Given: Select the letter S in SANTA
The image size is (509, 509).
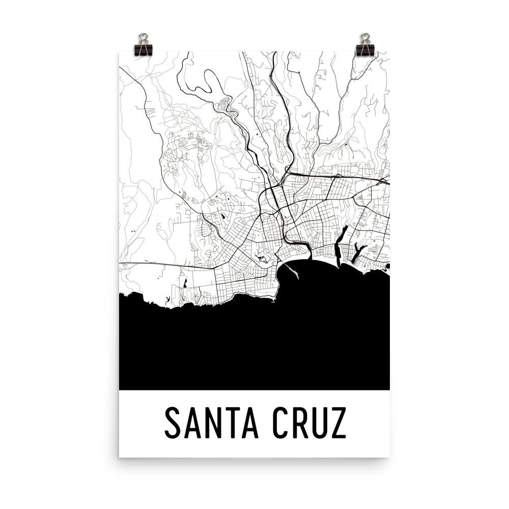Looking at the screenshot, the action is click(x=174, y=422).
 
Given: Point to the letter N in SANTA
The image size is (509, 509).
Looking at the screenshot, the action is click(x=213, y=422).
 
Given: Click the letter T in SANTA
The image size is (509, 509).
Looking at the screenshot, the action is click(x=232, y=422).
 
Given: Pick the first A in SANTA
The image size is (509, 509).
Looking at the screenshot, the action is click(x=193, y=422).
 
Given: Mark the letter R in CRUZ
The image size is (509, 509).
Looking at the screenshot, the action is click(x=300, y=422).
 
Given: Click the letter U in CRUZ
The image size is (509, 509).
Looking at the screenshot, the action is click(x=320, y=422).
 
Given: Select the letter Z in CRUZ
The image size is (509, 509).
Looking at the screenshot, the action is click(x=338, y=422).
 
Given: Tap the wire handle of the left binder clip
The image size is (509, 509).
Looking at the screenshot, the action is click(x=144, y=38).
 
